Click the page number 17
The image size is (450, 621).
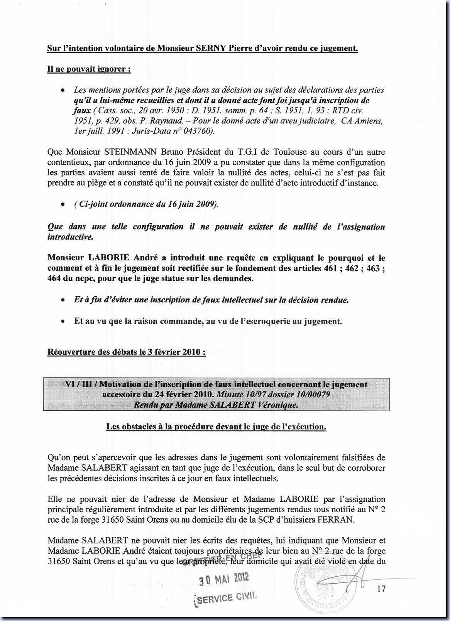(381, 589)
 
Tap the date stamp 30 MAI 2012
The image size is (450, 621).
(224, 578)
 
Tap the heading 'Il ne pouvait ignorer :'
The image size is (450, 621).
(89, 69)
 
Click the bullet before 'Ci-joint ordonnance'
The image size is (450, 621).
(62, 205)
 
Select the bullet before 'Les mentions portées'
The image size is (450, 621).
(62, 90)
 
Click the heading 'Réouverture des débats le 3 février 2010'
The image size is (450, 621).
(126, 352)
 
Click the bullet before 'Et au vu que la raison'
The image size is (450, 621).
(62, 322)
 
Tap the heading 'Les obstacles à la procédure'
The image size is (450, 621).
(216, 427)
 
